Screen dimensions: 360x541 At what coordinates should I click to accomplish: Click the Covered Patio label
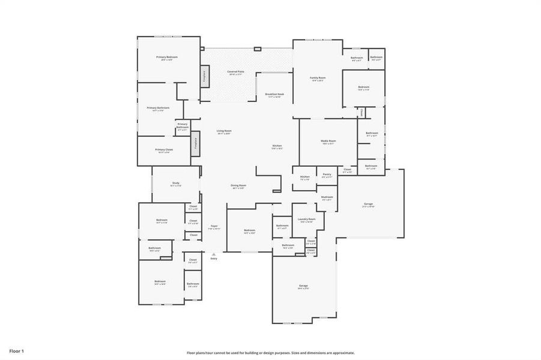[235, 71]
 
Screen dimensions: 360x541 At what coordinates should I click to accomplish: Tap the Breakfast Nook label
[274, 94]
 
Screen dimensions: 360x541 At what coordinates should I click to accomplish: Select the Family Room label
[318, 78]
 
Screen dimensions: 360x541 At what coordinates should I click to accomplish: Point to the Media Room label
[329, 141]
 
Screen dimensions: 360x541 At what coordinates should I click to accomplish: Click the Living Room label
[224, 131]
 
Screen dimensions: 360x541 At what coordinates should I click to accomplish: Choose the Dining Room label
[238, 185]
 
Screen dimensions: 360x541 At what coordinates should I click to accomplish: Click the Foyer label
[214, 226]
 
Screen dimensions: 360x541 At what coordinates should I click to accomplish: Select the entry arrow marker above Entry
[214, 254]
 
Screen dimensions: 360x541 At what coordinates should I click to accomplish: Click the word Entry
[214, 259]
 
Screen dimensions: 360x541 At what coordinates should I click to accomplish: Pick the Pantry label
[327, 174]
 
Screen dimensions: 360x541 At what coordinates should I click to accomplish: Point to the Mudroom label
[327, 197]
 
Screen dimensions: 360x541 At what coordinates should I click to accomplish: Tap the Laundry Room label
[306, 220]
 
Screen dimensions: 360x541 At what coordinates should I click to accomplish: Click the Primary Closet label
[164, 150]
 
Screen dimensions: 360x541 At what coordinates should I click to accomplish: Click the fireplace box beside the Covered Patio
[205, 76]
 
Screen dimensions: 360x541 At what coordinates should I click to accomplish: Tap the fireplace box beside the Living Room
[195, 145]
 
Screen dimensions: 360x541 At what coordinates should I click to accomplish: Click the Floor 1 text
[16, 350]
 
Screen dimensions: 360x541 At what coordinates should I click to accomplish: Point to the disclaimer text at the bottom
[270, 353]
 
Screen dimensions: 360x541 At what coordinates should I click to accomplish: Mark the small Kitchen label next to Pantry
[305, 176]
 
